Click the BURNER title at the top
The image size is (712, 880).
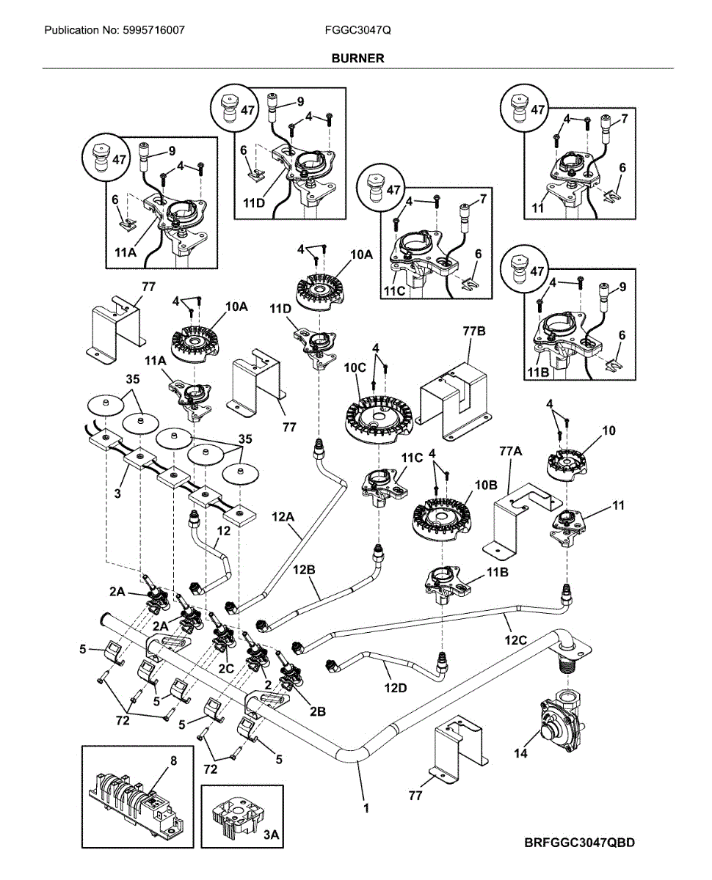357,58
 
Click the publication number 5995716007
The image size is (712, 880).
114,31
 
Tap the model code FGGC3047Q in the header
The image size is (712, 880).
358,31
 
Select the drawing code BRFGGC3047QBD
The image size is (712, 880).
580,843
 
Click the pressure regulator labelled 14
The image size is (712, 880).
559,722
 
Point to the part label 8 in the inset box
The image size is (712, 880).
173,761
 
